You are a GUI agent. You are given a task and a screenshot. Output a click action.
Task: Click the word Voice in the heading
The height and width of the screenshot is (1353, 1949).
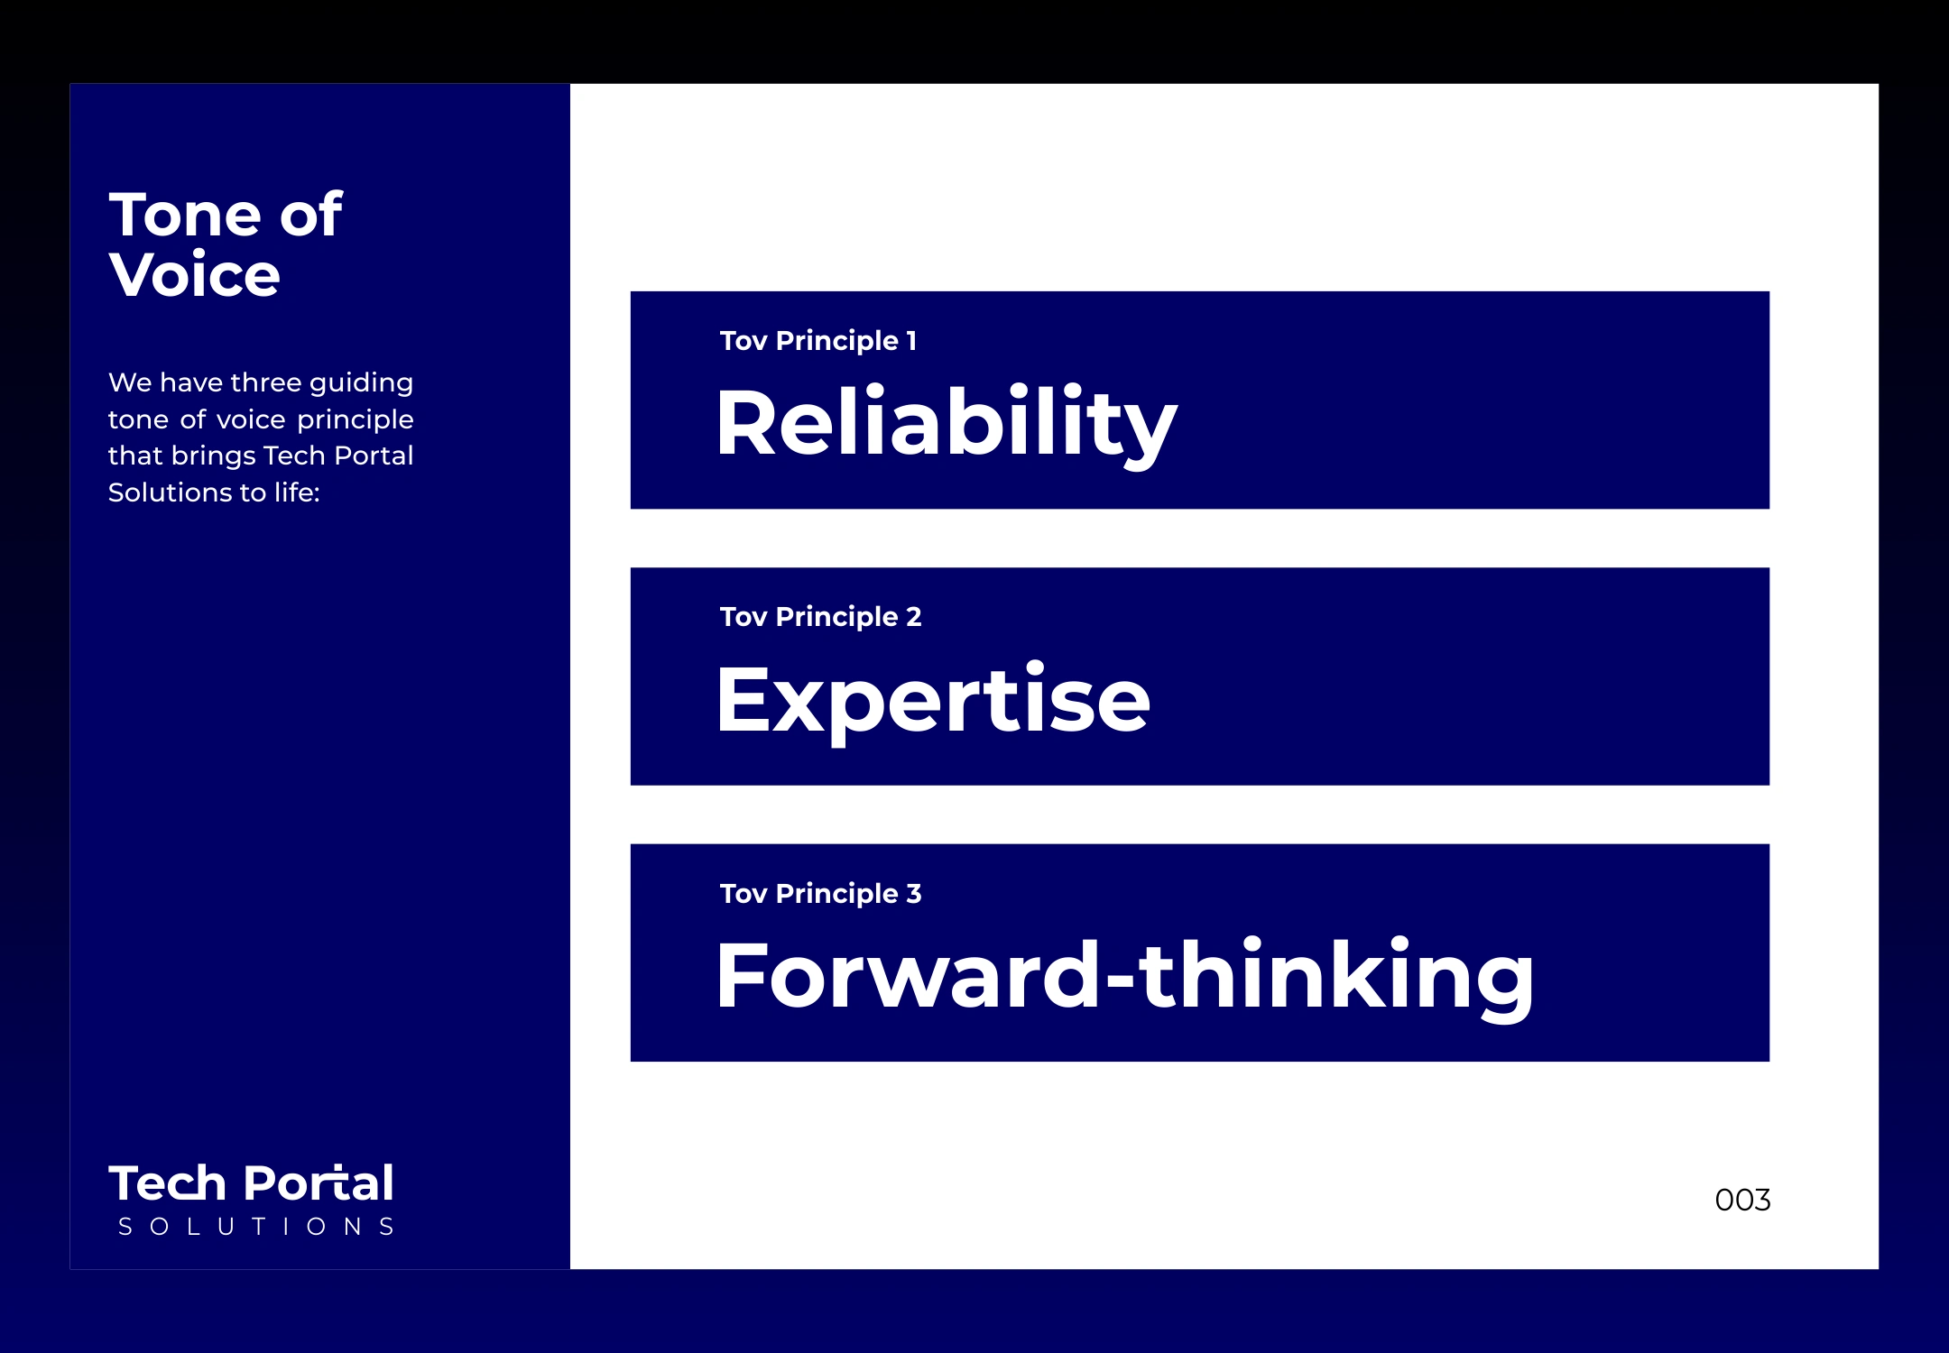point(194,274)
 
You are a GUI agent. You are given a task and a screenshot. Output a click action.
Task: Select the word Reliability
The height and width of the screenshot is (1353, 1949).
point(947,424)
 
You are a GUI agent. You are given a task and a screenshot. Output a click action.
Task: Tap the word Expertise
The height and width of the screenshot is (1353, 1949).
point(933,702)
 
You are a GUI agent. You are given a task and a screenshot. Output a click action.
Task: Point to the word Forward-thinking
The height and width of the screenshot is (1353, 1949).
point(1124,977)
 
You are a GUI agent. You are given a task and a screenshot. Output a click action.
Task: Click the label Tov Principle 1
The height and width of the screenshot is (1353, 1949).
point(818,341)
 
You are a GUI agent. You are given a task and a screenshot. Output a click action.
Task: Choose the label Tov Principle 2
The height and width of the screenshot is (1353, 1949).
point(820,617)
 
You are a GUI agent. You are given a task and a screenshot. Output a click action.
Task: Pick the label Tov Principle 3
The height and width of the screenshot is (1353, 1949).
point(820,894)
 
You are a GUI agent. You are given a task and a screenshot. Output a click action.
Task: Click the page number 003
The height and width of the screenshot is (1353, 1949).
point(1742,1200)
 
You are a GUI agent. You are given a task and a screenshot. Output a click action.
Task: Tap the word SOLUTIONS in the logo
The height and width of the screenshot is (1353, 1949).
point(256,1227)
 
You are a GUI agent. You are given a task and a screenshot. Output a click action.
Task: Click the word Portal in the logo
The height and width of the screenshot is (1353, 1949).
point(319,1183)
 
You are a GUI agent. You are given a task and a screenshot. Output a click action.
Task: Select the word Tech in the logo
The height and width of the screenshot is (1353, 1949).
point(167,1183)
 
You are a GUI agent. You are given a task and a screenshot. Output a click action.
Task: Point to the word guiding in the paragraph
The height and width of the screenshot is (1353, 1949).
point(361,383)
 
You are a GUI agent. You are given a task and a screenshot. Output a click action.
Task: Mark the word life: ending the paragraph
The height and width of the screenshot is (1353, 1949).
point(297,492)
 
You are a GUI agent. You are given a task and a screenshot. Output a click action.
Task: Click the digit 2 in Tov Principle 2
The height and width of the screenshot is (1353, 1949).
point(914,617)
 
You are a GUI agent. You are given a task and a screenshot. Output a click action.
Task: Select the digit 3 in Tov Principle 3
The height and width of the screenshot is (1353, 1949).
point(914,894)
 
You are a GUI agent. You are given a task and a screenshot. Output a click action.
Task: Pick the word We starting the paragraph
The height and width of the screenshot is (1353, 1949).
point(130,382)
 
